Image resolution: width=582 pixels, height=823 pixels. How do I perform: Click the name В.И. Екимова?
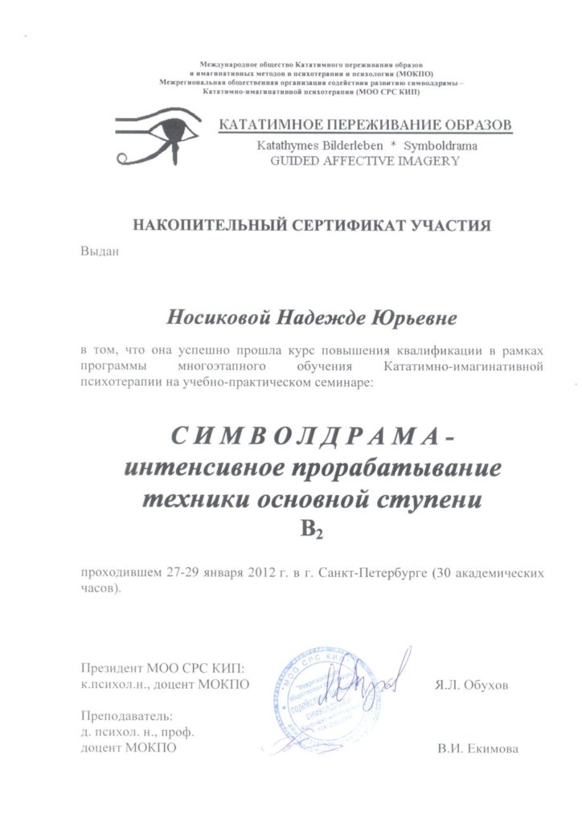pyautogui.click(x=478, y=748)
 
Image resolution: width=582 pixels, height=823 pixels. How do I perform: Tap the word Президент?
pyautogui.click(x=113, y=668)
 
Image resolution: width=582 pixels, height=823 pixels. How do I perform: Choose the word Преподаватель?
pyautogui.click(x=127, y=716)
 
